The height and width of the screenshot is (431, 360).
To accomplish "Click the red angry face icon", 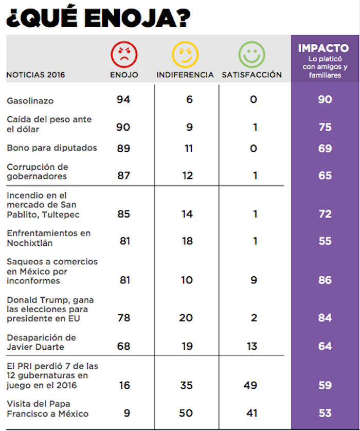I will pos(124,54).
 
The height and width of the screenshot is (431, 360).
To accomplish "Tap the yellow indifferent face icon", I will pos(185,54).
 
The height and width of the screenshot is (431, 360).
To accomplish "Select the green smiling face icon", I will pos(252,54).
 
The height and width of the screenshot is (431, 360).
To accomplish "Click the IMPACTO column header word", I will pos(323,48).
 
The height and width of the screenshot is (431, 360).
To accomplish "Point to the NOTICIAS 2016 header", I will pos(35,75).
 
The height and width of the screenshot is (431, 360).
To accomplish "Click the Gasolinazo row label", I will pos(30,100).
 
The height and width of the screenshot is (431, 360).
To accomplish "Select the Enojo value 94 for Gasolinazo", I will pos(123,99).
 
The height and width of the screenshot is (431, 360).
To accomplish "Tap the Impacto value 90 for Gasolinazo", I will pos(325,99).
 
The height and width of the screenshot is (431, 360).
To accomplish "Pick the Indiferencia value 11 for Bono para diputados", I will pos(189,148).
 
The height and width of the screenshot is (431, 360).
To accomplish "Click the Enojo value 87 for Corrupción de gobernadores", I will pos(123,175).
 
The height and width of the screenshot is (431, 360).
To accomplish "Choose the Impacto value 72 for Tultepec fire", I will pos(325,214).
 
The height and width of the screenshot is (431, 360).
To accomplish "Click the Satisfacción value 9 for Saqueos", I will pos(254,280).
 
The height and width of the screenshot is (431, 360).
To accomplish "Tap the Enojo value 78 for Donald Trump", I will pos(124,318).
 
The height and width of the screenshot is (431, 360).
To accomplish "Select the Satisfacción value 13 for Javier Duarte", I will pos(252,346).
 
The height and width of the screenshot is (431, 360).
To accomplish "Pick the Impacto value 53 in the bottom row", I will pos(325,413).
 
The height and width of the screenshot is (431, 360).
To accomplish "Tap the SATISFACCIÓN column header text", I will pos(252,75).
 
